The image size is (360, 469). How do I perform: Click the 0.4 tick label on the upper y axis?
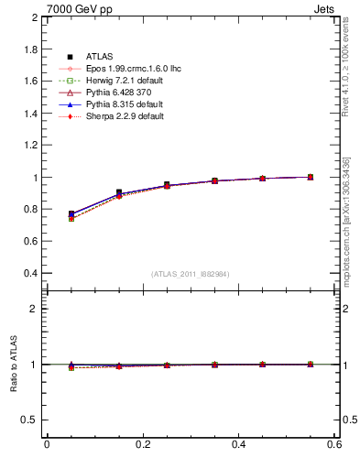click(x=30, y=274)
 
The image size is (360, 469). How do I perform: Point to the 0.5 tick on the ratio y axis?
click(x=30, y=420)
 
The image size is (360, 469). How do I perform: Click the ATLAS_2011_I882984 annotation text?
click(x=190, y=274)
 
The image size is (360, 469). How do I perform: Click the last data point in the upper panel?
click(x=311, y=177)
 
